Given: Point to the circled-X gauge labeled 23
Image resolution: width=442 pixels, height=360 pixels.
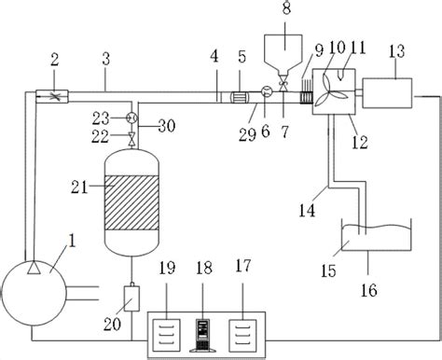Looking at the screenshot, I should [x=133, y=118].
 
